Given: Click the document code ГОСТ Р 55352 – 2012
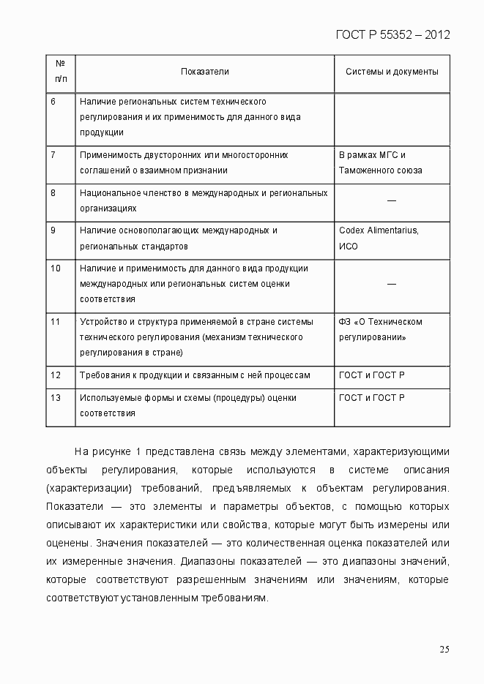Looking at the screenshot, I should (x=392, y=34).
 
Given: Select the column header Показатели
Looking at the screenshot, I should (x=205, y=72).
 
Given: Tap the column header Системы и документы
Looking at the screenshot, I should (x=392, y=72).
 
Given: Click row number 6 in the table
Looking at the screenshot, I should (x=53, y=101).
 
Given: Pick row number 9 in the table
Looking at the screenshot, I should (x=53, y=230).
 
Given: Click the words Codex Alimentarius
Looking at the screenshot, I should (x=379, y=230).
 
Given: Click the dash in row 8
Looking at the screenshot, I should (x=392, y=200).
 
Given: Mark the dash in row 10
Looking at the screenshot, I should (x=392, y=283).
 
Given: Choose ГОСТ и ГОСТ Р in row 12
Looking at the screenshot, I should (x=372, y=375).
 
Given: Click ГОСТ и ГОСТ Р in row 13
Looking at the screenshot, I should (x=372, y=397).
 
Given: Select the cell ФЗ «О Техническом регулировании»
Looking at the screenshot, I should (x=381, y=329).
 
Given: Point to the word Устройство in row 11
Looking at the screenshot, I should (x=101, y=322).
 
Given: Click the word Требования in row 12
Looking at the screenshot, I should (x=103, y=375).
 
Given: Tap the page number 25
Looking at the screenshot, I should (x=444, y=649).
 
